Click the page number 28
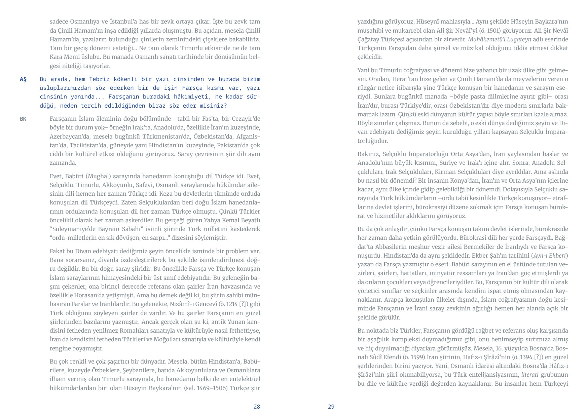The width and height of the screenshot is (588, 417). pos(257,407)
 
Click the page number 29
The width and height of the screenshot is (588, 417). pos(331,407)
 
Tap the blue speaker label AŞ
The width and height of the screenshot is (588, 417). pos(23,79)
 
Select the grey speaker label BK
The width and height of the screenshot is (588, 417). pos(23,119)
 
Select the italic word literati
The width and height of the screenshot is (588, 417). pos(530,375)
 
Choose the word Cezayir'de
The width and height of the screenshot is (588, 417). pos(246,119)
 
